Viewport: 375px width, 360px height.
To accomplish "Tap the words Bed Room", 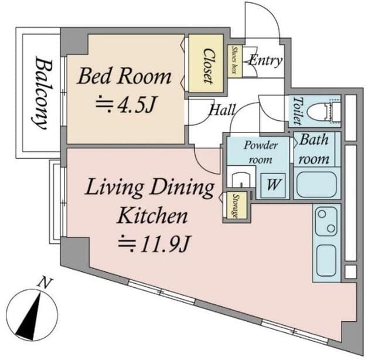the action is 125,76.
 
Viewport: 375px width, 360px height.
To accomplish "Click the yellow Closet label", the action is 208,66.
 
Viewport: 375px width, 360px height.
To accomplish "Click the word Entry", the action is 265,60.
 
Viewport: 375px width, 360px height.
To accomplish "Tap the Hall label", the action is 223,110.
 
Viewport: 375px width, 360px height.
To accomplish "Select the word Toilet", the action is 297,111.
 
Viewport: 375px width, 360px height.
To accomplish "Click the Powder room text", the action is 261,152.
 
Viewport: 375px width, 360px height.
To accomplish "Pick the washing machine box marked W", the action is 273,185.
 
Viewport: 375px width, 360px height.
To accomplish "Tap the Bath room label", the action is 314,149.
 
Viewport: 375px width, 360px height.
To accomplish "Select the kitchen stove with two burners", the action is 326,222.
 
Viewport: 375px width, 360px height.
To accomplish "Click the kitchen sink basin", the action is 326,260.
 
